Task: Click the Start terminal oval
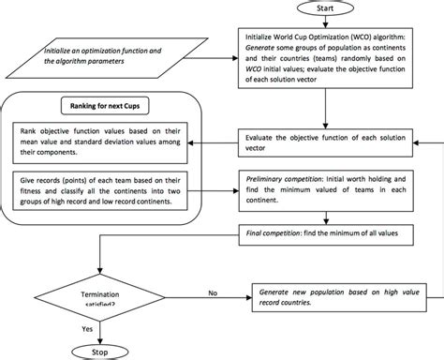(324, 8)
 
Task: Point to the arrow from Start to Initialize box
(324, 22)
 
